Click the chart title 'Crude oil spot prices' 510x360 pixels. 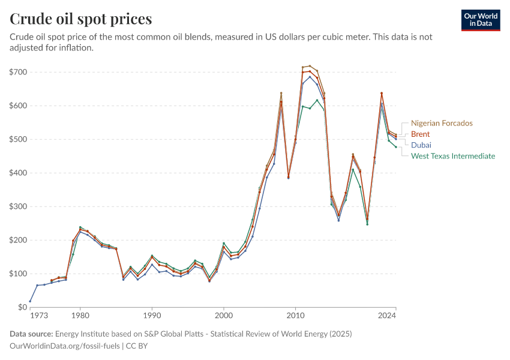coord(80,19)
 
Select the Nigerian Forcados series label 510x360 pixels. coord(442,123)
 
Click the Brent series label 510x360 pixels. coord(420,134)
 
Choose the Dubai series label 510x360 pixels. coord(421,145)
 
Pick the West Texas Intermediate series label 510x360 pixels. coord(452,156)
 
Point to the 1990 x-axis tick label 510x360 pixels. coord(152,315)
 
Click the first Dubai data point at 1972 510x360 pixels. coord(30,301)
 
